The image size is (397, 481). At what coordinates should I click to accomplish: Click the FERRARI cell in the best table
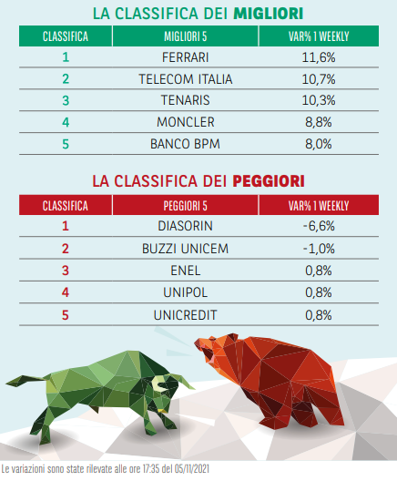point(185,57)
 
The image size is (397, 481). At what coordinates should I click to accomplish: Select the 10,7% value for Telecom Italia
point(319,79)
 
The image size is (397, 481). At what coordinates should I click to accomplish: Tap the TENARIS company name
point(185,100)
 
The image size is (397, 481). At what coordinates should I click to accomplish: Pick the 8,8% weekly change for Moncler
point(319,122)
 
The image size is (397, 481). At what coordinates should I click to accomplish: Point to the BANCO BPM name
point(185,144)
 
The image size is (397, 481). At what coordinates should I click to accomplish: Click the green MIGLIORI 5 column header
point(185,36)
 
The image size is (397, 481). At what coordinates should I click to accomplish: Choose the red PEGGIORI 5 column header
point(185,206)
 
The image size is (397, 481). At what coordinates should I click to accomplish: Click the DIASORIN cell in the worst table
point(185,226)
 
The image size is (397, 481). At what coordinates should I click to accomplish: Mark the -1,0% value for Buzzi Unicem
point(319,249)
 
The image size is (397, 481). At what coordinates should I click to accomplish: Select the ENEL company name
point(185,271)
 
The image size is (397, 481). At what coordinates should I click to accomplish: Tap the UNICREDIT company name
point(185,315)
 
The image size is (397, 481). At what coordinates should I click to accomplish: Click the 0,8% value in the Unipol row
point(319,292)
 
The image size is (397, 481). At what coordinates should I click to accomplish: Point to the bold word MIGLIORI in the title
point(269,14)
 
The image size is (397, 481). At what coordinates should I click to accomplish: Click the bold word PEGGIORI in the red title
point(269,181)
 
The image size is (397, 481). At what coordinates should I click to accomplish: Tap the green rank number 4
point(66,122)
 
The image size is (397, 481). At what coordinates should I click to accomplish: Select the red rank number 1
point(66,226)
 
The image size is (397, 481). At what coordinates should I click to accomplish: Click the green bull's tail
point(27,380)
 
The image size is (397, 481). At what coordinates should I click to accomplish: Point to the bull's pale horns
point(172,382)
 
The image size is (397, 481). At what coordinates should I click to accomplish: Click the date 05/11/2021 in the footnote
point(192,469)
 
